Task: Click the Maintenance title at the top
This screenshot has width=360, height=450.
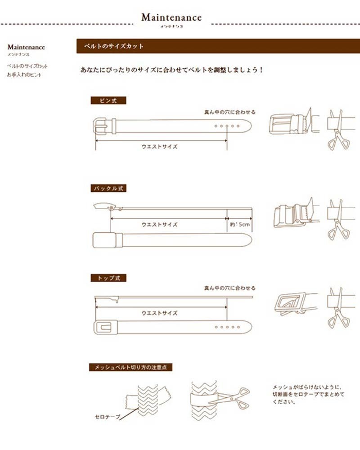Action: tap(171, 18)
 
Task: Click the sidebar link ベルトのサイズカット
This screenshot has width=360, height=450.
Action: tap(27, 66)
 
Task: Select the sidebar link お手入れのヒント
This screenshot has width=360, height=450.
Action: tap(24, 75)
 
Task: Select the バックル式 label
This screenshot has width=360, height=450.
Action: tap(108, 189)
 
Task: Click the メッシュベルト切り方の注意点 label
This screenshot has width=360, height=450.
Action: tap(130, 367)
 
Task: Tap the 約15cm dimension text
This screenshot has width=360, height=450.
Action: tap(239, 224)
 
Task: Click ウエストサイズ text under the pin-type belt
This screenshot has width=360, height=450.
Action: tap(159, 147)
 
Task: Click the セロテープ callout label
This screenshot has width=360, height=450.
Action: tap(108, 417)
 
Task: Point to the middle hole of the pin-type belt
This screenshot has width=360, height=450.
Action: tap(227, 126)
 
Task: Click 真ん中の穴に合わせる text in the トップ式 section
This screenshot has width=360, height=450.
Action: tap(229, 288)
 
